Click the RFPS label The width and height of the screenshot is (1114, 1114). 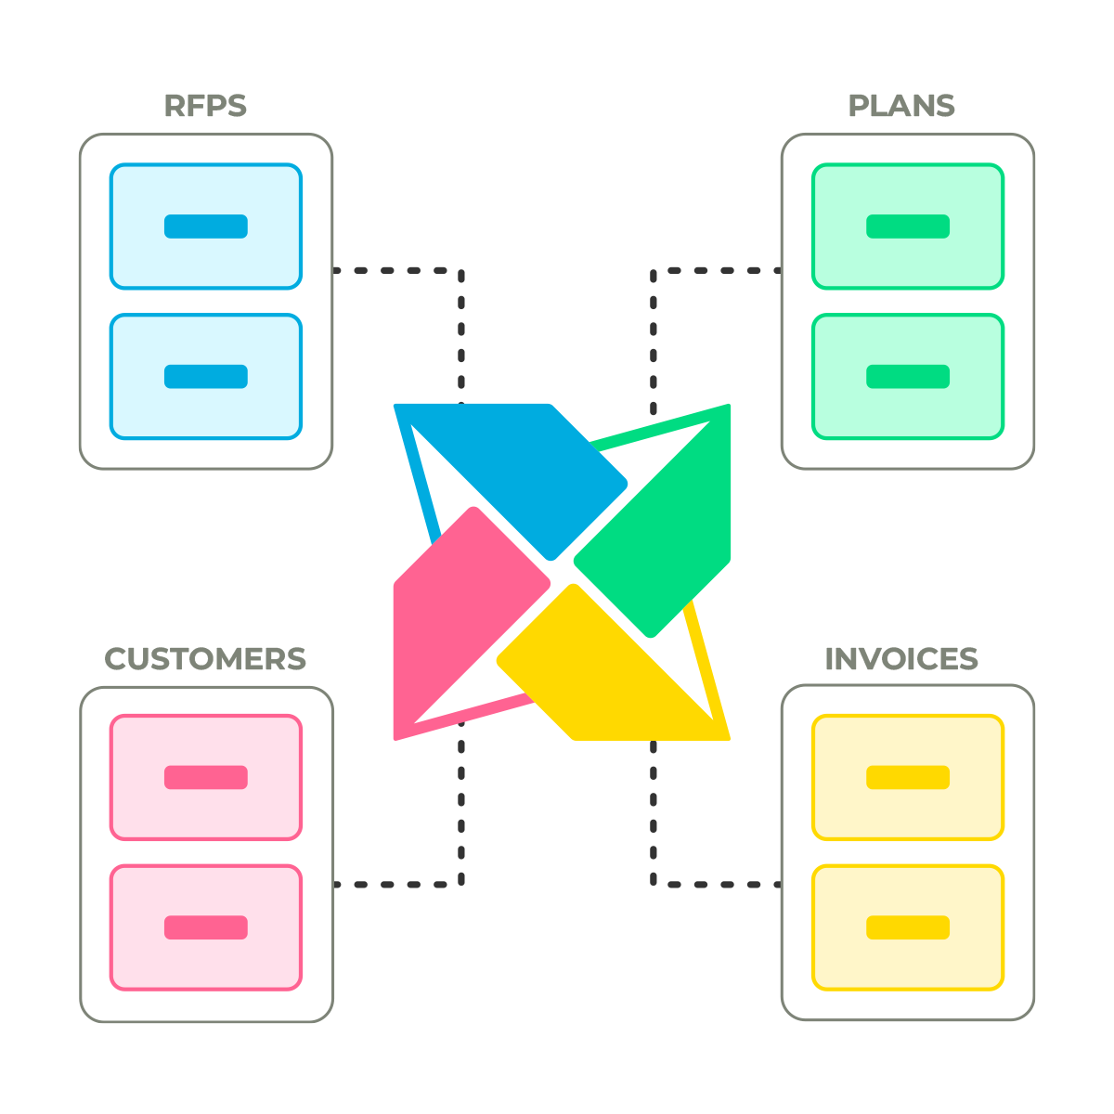205,106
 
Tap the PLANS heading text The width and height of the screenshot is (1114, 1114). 900,106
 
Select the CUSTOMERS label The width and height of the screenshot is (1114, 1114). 205,659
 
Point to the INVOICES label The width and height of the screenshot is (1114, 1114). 901,659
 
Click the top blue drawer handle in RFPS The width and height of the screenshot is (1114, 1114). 206,226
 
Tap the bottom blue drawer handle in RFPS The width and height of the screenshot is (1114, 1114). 206,376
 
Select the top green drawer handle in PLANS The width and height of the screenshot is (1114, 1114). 908,226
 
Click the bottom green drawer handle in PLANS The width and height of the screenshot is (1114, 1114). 908,376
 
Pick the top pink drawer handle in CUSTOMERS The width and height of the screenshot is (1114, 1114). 206,777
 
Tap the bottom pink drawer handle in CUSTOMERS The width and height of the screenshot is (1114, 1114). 206,927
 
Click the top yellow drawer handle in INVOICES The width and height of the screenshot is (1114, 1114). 908,777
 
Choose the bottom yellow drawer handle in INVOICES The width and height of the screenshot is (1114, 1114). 908,927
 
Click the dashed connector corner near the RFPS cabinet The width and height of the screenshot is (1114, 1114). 460,270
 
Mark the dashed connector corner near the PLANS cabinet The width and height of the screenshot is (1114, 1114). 654,270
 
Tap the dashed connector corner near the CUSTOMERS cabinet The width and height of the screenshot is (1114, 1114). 460,885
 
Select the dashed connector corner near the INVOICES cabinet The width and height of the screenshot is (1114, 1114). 654,885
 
